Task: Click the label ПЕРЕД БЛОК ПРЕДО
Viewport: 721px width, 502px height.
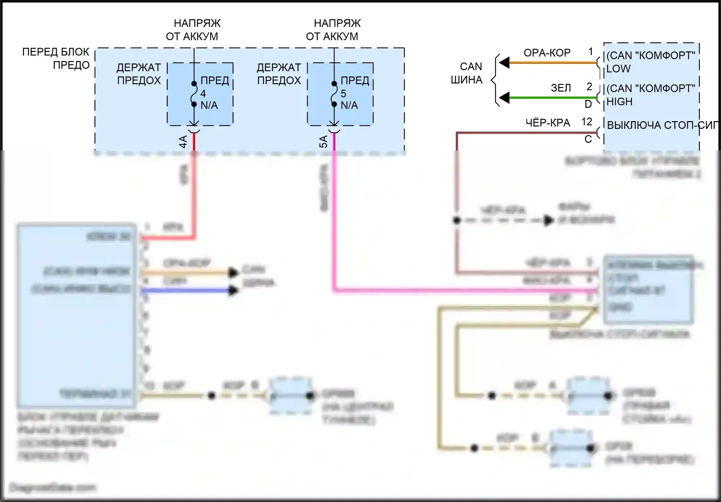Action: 56,58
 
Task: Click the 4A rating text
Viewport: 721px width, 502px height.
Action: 183,141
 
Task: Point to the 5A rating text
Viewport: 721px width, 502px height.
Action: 323,141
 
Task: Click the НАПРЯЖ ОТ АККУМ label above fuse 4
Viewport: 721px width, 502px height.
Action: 193,30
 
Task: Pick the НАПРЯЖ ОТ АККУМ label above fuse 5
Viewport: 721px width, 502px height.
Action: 333,30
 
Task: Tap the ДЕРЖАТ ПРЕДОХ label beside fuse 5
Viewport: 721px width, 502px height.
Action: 279,74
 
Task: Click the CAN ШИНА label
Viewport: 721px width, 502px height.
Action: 467,73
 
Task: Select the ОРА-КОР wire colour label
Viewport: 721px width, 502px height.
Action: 547,53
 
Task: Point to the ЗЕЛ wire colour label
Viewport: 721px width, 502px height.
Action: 561,88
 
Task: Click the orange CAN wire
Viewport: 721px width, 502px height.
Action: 553,63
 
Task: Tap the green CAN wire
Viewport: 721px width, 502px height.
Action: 553,98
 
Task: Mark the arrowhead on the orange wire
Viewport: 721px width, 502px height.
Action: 504,63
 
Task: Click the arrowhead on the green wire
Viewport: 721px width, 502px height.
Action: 504,98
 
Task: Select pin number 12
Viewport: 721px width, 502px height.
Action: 587,122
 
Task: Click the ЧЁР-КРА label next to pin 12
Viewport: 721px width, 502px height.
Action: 547,123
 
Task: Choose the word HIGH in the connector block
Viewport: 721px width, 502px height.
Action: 620,102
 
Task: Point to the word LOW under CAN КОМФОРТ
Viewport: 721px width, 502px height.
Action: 619,69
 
